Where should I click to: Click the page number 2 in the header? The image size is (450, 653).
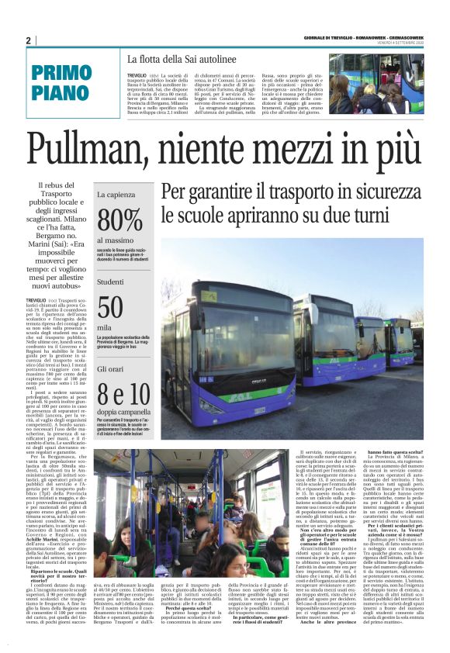click(x=28, y=40)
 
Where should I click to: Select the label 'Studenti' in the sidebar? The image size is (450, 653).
click(x=110, y=282)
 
